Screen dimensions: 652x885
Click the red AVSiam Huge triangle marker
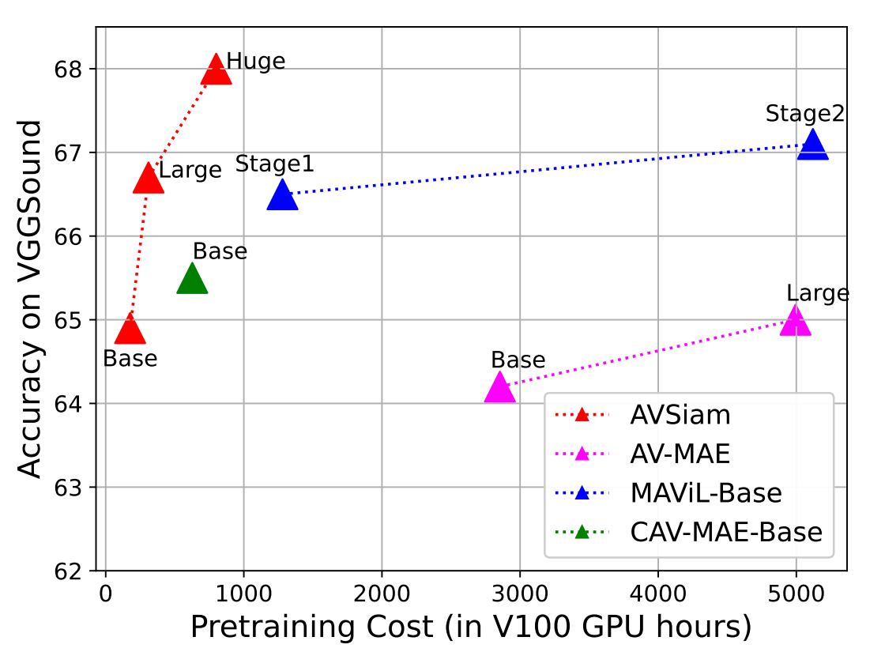point(217,70)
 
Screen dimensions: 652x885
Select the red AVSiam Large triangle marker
point(148,179)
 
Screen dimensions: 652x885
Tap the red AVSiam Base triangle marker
point(130,330)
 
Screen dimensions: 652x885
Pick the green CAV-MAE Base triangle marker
point(192,279)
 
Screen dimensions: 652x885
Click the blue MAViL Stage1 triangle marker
point(282,195)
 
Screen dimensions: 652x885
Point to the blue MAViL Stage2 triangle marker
point(812,145)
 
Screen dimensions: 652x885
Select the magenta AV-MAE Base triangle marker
point(499,387)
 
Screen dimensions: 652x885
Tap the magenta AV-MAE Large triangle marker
point(795,321)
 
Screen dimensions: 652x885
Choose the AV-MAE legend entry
point(680,454)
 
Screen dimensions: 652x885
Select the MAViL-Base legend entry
point(706,492)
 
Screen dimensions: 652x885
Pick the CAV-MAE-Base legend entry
point(726,532)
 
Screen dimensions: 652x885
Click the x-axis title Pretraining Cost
point(470,627)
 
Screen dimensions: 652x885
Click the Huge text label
point(255,62)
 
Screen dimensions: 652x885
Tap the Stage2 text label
point(805,114)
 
